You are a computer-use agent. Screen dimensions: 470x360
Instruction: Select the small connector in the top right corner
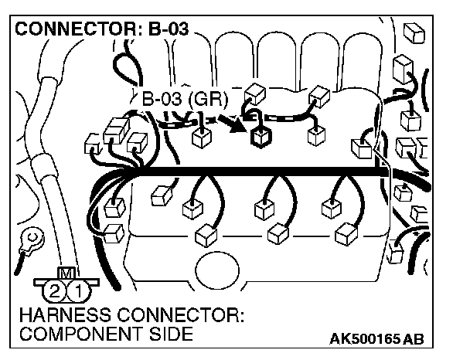(x=417, y=32)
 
